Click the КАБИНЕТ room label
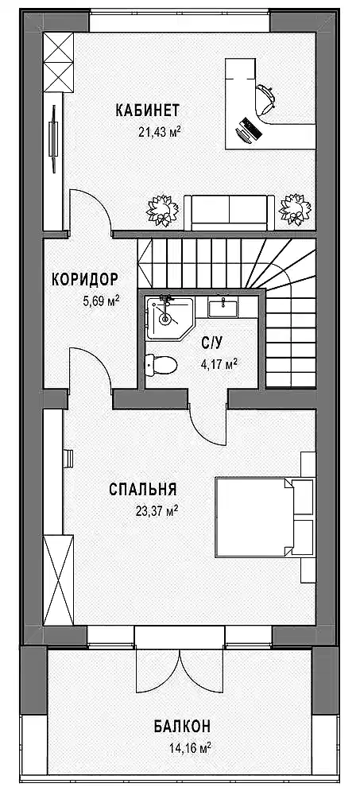tap(148, 110)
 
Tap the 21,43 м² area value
tap(160, 132)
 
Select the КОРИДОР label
tap(85, 279)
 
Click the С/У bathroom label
tap(212, 343)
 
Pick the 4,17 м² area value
tap(219, 363)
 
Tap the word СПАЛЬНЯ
tap(143, 490)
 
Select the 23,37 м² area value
tap(157, 511)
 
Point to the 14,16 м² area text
tap(190, 747)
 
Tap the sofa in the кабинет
tap(229, 211)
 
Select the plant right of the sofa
tap(295, 209)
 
